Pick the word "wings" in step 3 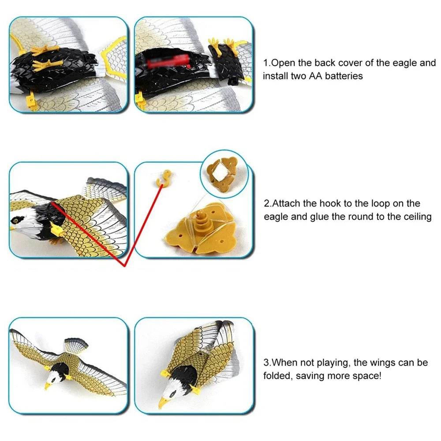385,363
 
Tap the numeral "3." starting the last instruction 267,363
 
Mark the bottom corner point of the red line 124,266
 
